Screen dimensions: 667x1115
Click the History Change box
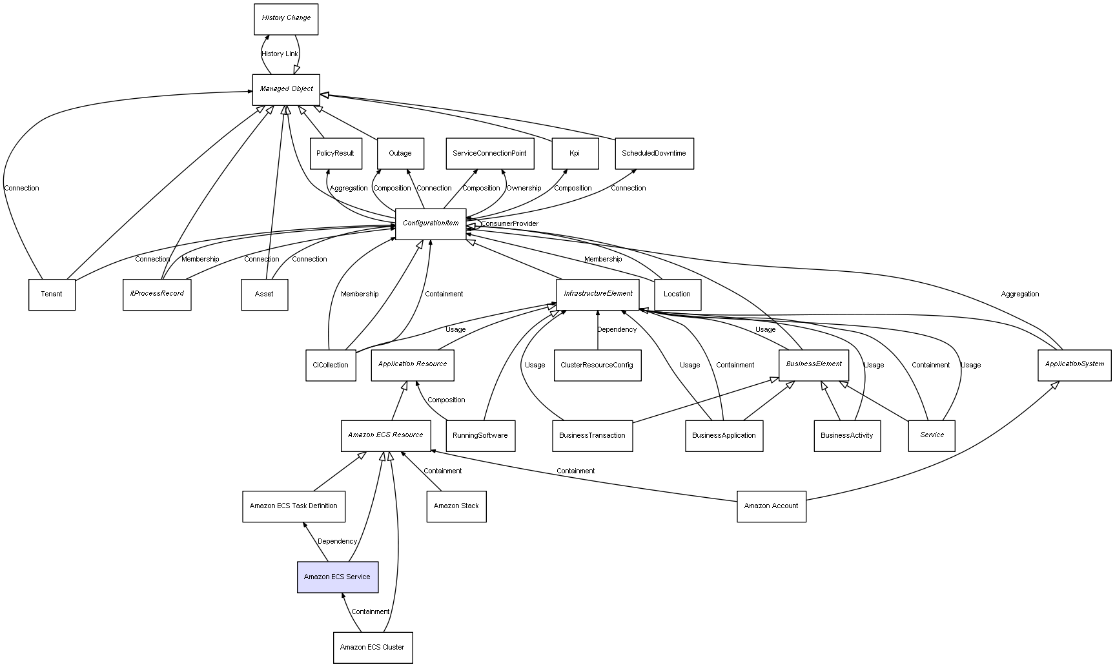click(286, 19)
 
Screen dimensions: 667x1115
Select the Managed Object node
click(286, 89)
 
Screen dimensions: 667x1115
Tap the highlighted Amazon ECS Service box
click(338, 577)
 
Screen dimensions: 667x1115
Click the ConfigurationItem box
click(431, 223)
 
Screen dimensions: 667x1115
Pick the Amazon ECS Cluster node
click(373, 647)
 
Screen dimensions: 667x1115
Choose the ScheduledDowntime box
click(654, 154)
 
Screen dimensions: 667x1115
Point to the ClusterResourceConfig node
click(597, 365)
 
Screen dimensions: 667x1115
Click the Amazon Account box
click(772, 506)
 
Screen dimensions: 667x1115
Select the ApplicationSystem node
click(1074, 365)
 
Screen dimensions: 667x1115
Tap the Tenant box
click(52, 294)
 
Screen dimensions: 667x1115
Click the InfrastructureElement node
click(598, 294)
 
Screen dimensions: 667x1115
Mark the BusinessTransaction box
click(592, 436)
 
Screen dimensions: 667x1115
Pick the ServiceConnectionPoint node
click(489, 154)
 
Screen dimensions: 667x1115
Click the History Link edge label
click(280, 54)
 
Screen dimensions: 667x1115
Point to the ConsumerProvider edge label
click(509, 224)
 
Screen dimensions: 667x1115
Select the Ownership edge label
click(524, 189)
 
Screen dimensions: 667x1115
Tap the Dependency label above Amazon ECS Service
click(337, 542)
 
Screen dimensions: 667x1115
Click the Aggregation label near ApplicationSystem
click(1020, 294)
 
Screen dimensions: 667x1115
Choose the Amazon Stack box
click(456, 506)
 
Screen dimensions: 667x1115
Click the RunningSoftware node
click(480, 436)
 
